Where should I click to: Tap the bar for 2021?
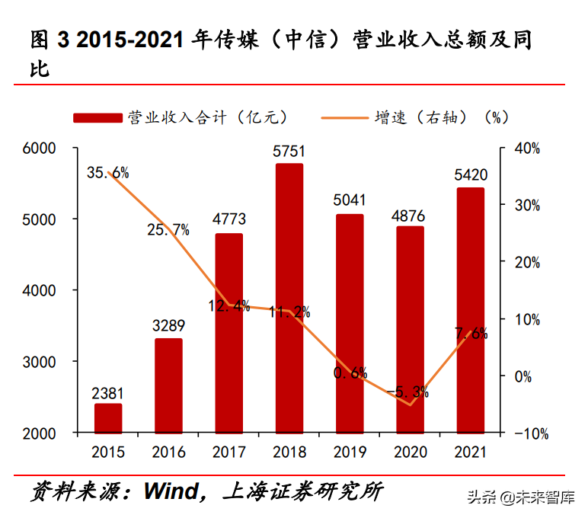tap(470, 309)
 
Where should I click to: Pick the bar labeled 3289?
tap(168, 385)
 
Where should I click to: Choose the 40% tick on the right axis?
tap(526, 148)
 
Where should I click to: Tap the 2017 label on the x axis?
tap(228, 452)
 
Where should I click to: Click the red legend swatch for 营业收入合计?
tap(97, 117)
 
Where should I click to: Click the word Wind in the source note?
tap(171, 492)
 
